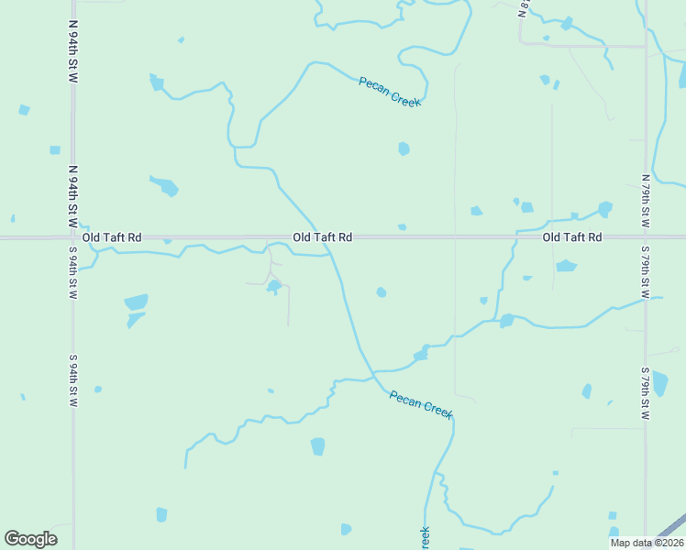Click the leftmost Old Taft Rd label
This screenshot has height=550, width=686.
pyautogui.click(x=112, y=237)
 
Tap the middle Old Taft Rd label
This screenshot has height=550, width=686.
pyautogui.click(x=323, y=237)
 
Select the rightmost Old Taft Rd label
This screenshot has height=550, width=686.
pyautogui.click(x=572, y=237)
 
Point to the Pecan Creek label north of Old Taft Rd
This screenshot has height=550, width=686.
pyautogui.click(x=390, y=92)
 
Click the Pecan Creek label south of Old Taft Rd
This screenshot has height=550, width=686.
pyautogui.click(x=421, y=404)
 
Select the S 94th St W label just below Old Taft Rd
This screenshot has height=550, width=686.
pyautogui.click(x=72, y=272)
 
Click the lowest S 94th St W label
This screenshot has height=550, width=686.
pyautogui.click(x=72, y=381)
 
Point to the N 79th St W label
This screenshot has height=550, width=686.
pyautogui.click(x=646, y=202)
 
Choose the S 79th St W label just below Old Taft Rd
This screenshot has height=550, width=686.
pyautogui.click(x=646, y=272)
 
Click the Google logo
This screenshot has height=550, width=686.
pyautogui.click(x=30, y=539)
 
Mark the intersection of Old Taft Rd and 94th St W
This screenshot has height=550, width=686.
pyautogui.click(x=73, y=237)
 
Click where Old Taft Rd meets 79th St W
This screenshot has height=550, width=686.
pyautogui.click(x=646, y=237)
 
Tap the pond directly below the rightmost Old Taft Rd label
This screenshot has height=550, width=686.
pyautogui.click(x=566, y=267)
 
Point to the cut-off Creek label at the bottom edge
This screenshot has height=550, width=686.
pyautogui.click(x=425, y=539)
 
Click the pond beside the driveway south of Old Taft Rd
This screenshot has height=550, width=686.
pyautogui.click(x=273, y=287)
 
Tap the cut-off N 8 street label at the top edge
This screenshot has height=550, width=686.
pyautogui.click(x=524, y=8)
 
